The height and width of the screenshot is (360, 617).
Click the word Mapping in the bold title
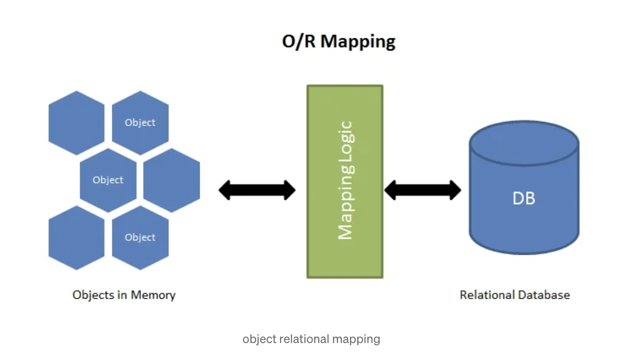coord(358,42)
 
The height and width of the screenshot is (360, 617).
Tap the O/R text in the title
coord(298,41)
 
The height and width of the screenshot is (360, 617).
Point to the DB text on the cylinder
coord(523,198)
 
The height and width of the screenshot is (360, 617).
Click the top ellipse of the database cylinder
coord(524,143)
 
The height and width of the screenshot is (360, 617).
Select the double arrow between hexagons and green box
coord(257,190)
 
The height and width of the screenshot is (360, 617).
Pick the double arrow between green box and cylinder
coord(423,190)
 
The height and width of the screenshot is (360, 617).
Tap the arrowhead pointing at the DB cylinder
coord(455,190)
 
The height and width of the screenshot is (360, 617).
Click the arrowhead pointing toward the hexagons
coord(225,190)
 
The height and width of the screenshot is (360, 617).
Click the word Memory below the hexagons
coord(153,295)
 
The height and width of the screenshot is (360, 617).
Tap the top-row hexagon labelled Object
coord(140,123)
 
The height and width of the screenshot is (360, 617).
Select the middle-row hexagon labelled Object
coord(108,180)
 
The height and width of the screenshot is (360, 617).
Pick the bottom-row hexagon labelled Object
coord(140,238)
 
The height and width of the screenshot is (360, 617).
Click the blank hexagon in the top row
coord(76,123)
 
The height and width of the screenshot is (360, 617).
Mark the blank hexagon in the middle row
coord(171,180)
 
